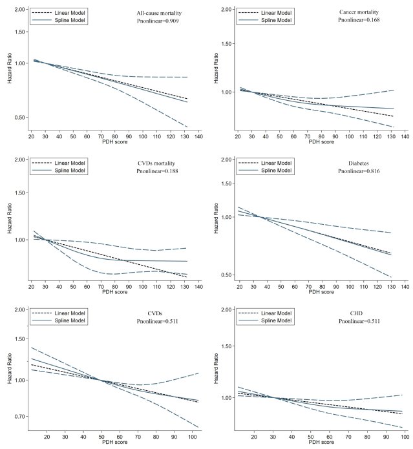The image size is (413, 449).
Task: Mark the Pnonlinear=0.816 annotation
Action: pos(360,171)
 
